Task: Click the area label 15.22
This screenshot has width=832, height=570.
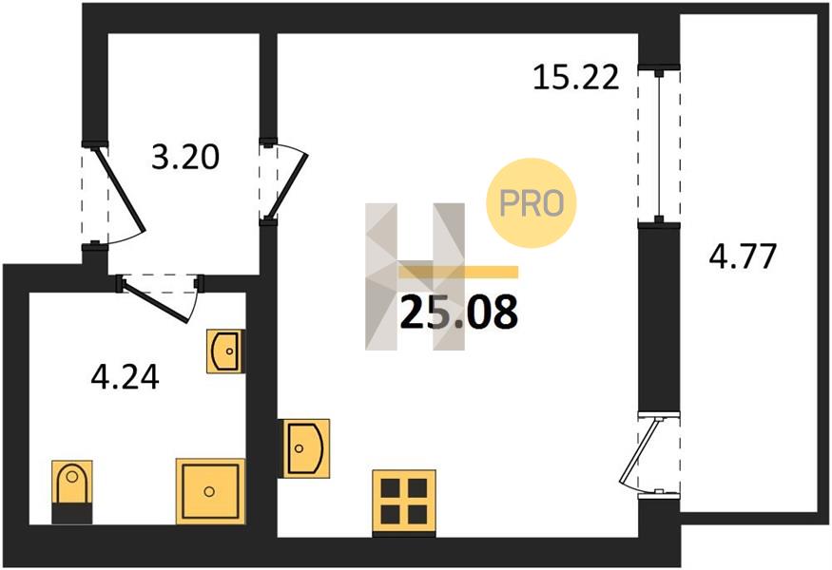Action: (575, 77)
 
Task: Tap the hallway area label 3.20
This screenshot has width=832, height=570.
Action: (185, 158)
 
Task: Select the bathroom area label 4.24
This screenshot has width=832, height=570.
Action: (126, 378)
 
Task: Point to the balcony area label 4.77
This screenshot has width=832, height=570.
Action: (743, 256)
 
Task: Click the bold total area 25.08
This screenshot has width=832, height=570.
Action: (459, 313)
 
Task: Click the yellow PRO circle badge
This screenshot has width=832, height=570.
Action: (532, 203)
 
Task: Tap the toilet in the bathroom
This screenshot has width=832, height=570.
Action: (72, 491)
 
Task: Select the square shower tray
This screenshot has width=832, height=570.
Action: (210, 491)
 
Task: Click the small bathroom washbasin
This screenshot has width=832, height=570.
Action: (225, 351)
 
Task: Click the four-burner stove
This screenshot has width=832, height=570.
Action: (404, 502)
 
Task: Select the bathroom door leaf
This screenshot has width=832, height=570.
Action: (156, 301)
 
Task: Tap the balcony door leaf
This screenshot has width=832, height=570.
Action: (640, 450)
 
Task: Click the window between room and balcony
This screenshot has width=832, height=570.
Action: (659, 145)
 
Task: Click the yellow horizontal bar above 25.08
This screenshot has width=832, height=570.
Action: (458, 272)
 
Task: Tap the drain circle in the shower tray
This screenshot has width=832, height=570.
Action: (209, 491)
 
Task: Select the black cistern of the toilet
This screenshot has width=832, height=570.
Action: (72, 513)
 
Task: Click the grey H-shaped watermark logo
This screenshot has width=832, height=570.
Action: (415, 276)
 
